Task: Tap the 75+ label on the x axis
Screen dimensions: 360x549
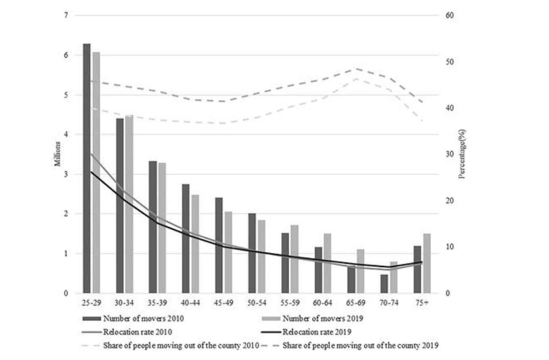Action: [422, 303]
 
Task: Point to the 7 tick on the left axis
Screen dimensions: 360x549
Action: [66, 16]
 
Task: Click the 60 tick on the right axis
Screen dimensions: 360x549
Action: [450, 16]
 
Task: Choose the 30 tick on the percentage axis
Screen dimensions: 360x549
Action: [450, 154]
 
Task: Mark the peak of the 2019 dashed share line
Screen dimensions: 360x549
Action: [357, 69]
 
